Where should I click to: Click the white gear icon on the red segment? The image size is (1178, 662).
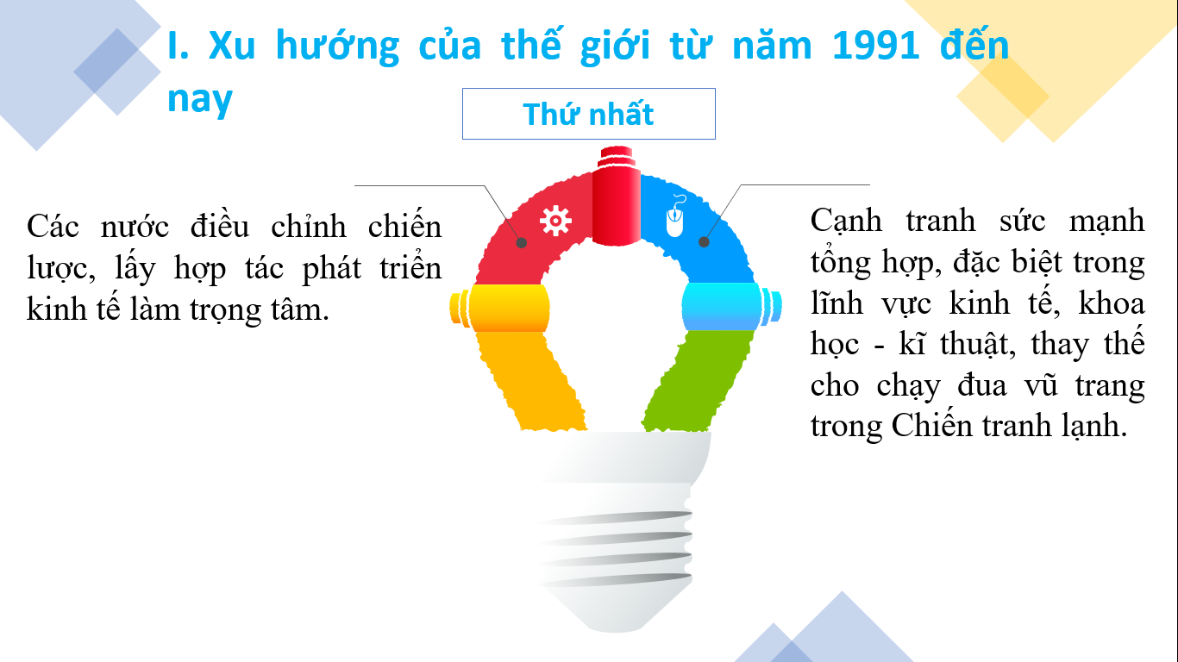click(555, 221)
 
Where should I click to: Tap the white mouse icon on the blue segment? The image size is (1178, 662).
click(675, 216)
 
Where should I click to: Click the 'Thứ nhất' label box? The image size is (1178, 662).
click(588, 114)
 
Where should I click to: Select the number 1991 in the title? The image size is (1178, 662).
click(876, 45)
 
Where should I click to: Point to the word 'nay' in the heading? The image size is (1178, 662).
click(200, 100)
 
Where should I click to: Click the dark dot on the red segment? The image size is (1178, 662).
click(521, 242)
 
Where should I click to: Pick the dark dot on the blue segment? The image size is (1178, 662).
click(704, 242)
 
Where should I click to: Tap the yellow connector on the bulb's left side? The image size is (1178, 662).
click(499, 308)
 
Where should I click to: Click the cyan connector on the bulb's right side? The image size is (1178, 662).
click(731, 307)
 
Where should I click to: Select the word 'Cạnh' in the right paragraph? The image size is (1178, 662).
click(846, 221)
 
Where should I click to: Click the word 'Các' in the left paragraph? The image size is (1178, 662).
click(53, 228)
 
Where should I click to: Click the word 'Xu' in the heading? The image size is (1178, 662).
click(232, 45)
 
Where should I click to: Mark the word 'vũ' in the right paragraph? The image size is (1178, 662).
click(1040, 385)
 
